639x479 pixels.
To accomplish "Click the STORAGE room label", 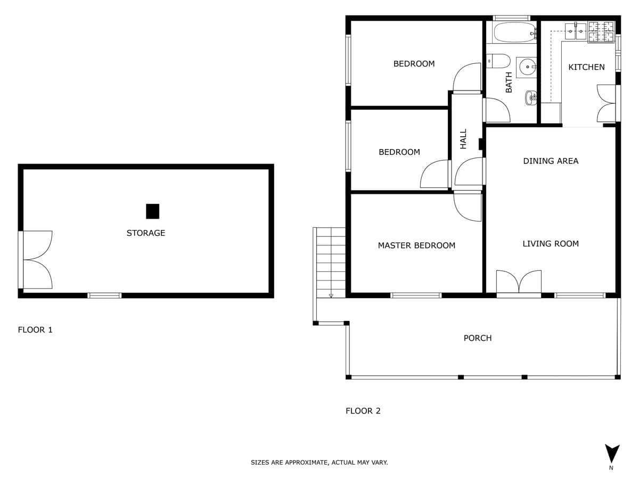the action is point(145,233).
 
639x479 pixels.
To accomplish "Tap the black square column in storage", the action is point(152,211).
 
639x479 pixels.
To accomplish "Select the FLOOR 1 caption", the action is point(35,330).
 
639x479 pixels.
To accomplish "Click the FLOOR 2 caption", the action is point(363,411).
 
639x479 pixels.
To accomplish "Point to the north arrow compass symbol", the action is point(612,453).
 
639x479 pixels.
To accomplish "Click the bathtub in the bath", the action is point(515,32).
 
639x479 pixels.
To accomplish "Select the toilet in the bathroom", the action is point(498,61).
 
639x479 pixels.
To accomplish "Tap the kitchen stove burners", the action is point(601,32).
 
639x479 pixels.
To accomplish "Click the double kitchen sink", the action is point(576,31).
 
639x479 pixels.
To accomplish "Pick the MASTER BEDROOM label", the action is point(416,245).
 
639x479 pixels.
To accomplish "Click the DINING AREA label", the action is point(551,161).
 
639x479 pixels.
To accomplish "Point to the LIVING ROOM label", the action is point(551,244).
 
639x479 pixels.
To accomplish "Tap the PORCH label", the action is point(478,338).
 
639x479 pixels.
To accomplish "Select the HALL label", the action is point(463,139).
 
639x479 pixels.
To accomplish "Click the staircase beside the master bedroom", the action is point(331,262).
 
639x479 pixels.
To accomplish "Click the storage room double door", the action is point(36,260).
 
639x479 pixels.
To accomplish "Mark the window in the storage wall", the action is point(104,295).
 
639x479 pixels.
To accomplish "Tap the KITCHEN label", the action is point(586,67).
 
